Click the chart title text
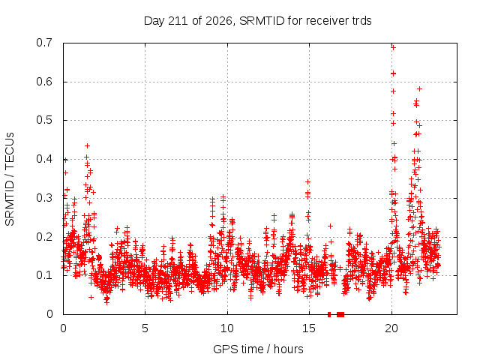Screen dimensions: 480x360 [x=257, y=21]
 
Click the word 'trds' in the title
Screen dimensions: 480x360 [x=361, y=21]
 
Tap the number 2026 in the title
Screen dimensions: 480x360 [x=218, y=21]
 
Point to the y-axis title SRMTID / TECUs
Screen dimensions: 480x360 [x=10, y=179]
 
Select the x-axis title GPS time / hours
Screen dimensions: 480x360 [x=258, y=349]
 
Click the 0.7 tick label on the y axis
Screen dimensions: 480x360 [x=44, y=43]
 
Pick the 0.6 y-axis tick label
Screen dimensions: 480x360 [x=44, y=82]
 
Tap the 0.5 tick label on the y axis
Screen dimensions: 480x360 [x=44, y=120]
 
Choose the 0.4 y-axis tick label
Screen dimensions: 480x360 [x=44, y=159]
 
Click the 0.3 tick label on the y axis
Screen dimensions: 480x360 [x=44, y=198]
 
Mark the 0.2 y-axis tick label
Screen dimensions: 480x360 [x=44, y=237]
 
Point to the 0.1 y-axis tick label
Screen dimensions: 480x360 [x=44, y=275]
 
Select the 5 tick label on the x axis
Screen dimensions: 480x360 [x=145, y=328]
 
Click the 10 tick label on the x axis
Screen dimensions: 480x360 [x=226, y=328]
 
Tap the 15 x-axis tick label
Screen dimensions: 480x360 [x=309, y=328]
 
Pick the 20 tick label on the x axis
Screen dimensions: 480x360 [x=391, y=328]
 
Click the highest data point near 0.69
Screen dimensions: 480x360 [x=393, y=47]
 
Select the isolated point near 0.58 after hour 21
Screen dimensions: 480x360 [x=420, y=88]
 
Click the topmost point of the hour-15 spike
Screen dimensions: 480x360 [x=307, y=181]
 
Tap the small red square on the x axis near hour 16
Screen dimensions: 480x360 [x=329, y=314]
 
